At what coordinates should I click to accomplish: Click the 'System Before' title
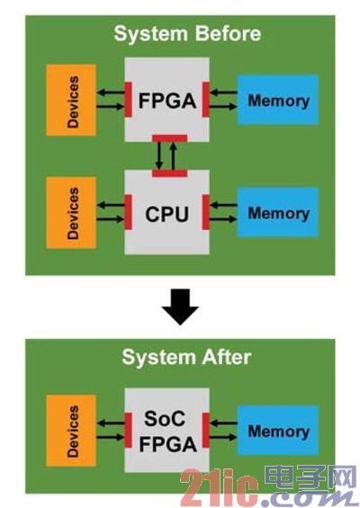tap(187, 33)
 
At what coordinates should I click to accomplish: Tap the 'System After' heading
tap(186, 357)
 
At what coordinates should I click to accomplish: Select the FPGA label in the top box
tap(167, 101)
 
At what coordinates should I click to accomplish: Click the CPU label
tap(167, 214)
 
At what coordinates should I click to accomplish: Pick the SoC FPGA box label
tap(167, 431)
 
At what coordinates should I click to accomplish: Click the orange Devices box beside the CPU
tap(71, 213)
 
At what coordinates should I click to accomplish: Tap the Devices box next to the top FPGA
tap(71, 100)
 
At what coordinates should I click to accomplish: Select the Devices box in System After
tap(71, 431)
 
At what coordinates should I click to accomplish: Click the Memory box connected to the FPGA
tap(278, 100)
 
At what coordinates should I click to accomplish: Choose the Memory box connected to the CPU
tap(278, 212)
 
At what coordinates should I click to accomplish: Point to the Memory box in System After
tap(278, 431)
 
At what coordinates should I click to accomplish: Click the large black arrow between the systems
tap(180, 307)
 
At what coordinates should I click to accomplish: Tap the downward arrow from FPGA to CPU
tap(159, 156)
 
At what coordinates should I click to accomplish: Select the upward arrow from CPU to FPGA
tap(174, 156)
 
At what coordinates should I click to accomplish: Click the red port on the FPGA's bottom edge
tap(169, 138)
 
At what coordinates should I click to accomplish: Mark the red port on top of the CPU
tap(169, 174)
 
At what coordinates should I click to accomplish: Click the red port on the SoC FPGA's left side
tap(129, 431)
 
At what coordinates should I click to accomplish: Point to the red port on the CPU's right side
tap(206, 212)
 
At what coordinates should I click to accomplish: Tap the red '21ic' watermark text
tap(220, 488)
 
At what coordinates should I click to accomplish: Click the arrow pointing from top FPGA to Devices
tap(111, 93)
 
